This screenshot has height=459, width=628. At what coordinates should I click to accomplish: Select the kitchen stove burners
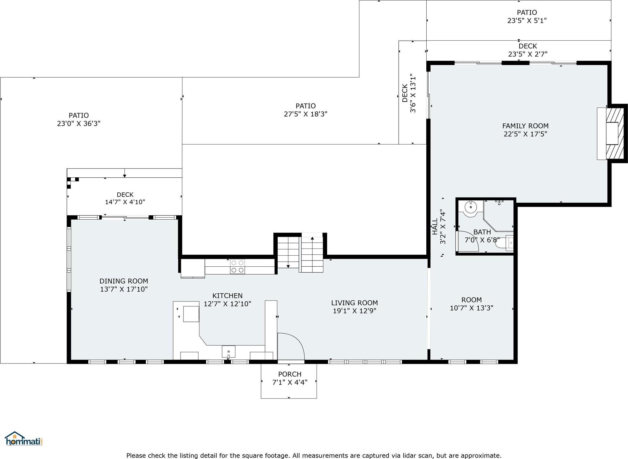coord(237,266)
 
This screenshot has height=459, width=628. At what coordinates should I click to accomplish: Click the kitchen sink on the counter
coord(229,351)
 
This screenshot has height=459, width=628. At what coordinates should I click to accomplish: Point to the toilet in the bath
coord(505,243)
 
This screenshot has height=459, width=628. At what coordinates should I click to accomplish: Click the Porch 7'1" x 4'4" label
coord(290,378)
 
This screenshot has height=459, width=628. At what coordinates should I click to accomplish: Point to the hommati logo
coord(23,439)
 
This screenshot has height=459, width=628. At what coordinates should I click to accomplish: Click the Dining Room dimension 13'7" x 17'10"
coord(124,289)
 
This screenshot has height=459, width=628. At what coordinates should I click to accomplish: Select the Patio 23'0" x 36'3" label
coord(79,120)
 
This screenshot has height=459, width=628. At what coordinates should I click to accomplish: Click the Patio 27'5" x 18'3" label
coord(305,110)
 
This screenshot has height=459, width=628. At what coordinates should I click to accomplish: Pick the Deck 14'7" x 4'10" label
coord(125,198)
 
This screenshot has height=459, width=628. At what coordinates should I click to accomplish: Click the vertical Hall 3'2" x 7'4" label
coord(439,226)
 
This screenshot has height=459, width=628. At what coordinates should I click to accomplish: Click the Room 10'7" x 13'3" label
coord(471,304)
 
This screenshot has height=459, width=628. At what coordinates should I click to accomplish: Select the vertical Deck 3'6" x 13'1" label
coord(409,93)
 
